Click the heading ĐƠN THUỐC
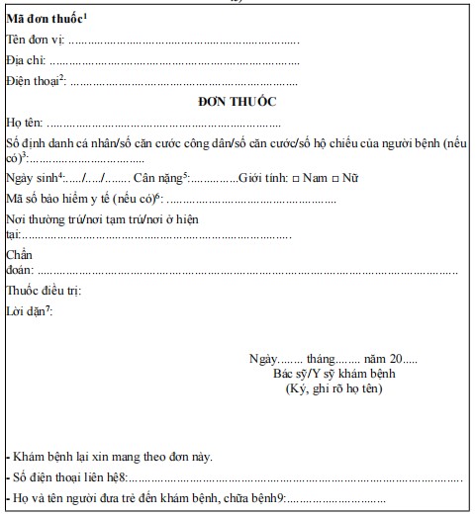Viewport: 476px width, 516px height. click(x=237, y=101)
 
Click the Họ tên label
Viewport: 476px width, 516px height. click(x=25, y=124)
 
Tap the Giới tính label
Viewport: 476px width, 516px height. click(x=264, y=178)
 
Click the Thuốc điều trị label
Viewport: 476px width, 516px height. click(x=43, y=291)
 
